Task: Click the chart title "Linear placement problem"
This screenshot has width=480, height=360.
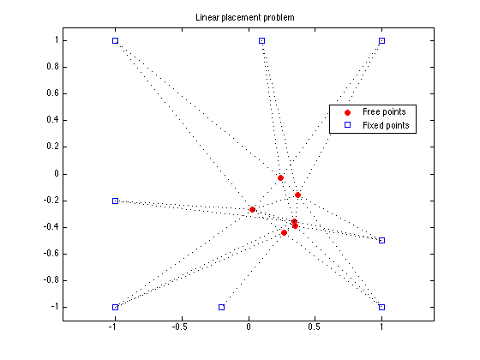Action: (245, 17)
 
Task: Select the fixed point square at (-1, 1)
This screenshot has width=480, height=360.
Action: (115, 41)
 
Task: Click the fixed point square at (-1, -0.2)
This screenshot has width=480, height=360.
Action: (115, 201)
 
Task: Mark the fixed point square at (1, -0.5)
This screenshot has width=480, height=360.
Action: (381, 240)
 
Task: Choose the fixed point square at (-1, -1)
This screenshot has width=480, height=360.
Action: (115, 307)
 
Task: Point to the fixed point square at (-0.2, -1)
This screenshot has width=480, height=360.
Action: (222, 307)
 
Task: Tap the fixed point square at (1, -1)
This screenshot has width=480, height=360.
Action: (381, 307)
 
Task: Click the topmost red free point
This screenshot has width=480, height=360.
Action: (281, 178)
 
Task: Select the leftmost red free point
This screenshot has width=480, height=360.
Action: (252, 210)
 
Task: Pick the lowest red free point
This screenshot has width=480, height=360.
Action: (284, 232)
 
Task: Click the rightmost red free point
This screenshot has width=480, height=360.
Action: (298, 195)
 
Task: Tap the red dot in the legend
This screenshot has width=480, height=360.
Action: (347, 112)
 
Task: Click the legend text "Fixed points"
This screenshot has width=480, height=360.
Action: (386, 125)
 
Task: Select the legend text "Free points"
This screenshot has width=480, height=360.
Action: (384, 111)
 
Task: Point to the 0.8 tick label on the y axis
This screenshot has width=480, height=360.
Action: (52, 67)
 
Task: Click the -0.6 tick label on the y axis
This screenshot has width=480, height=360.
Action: (51, 254)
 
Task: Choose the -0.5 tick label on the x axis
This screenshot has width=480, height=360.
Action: (180, 327)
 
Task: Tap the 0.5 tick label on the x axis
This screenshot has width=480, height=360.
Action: (315, 327)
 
